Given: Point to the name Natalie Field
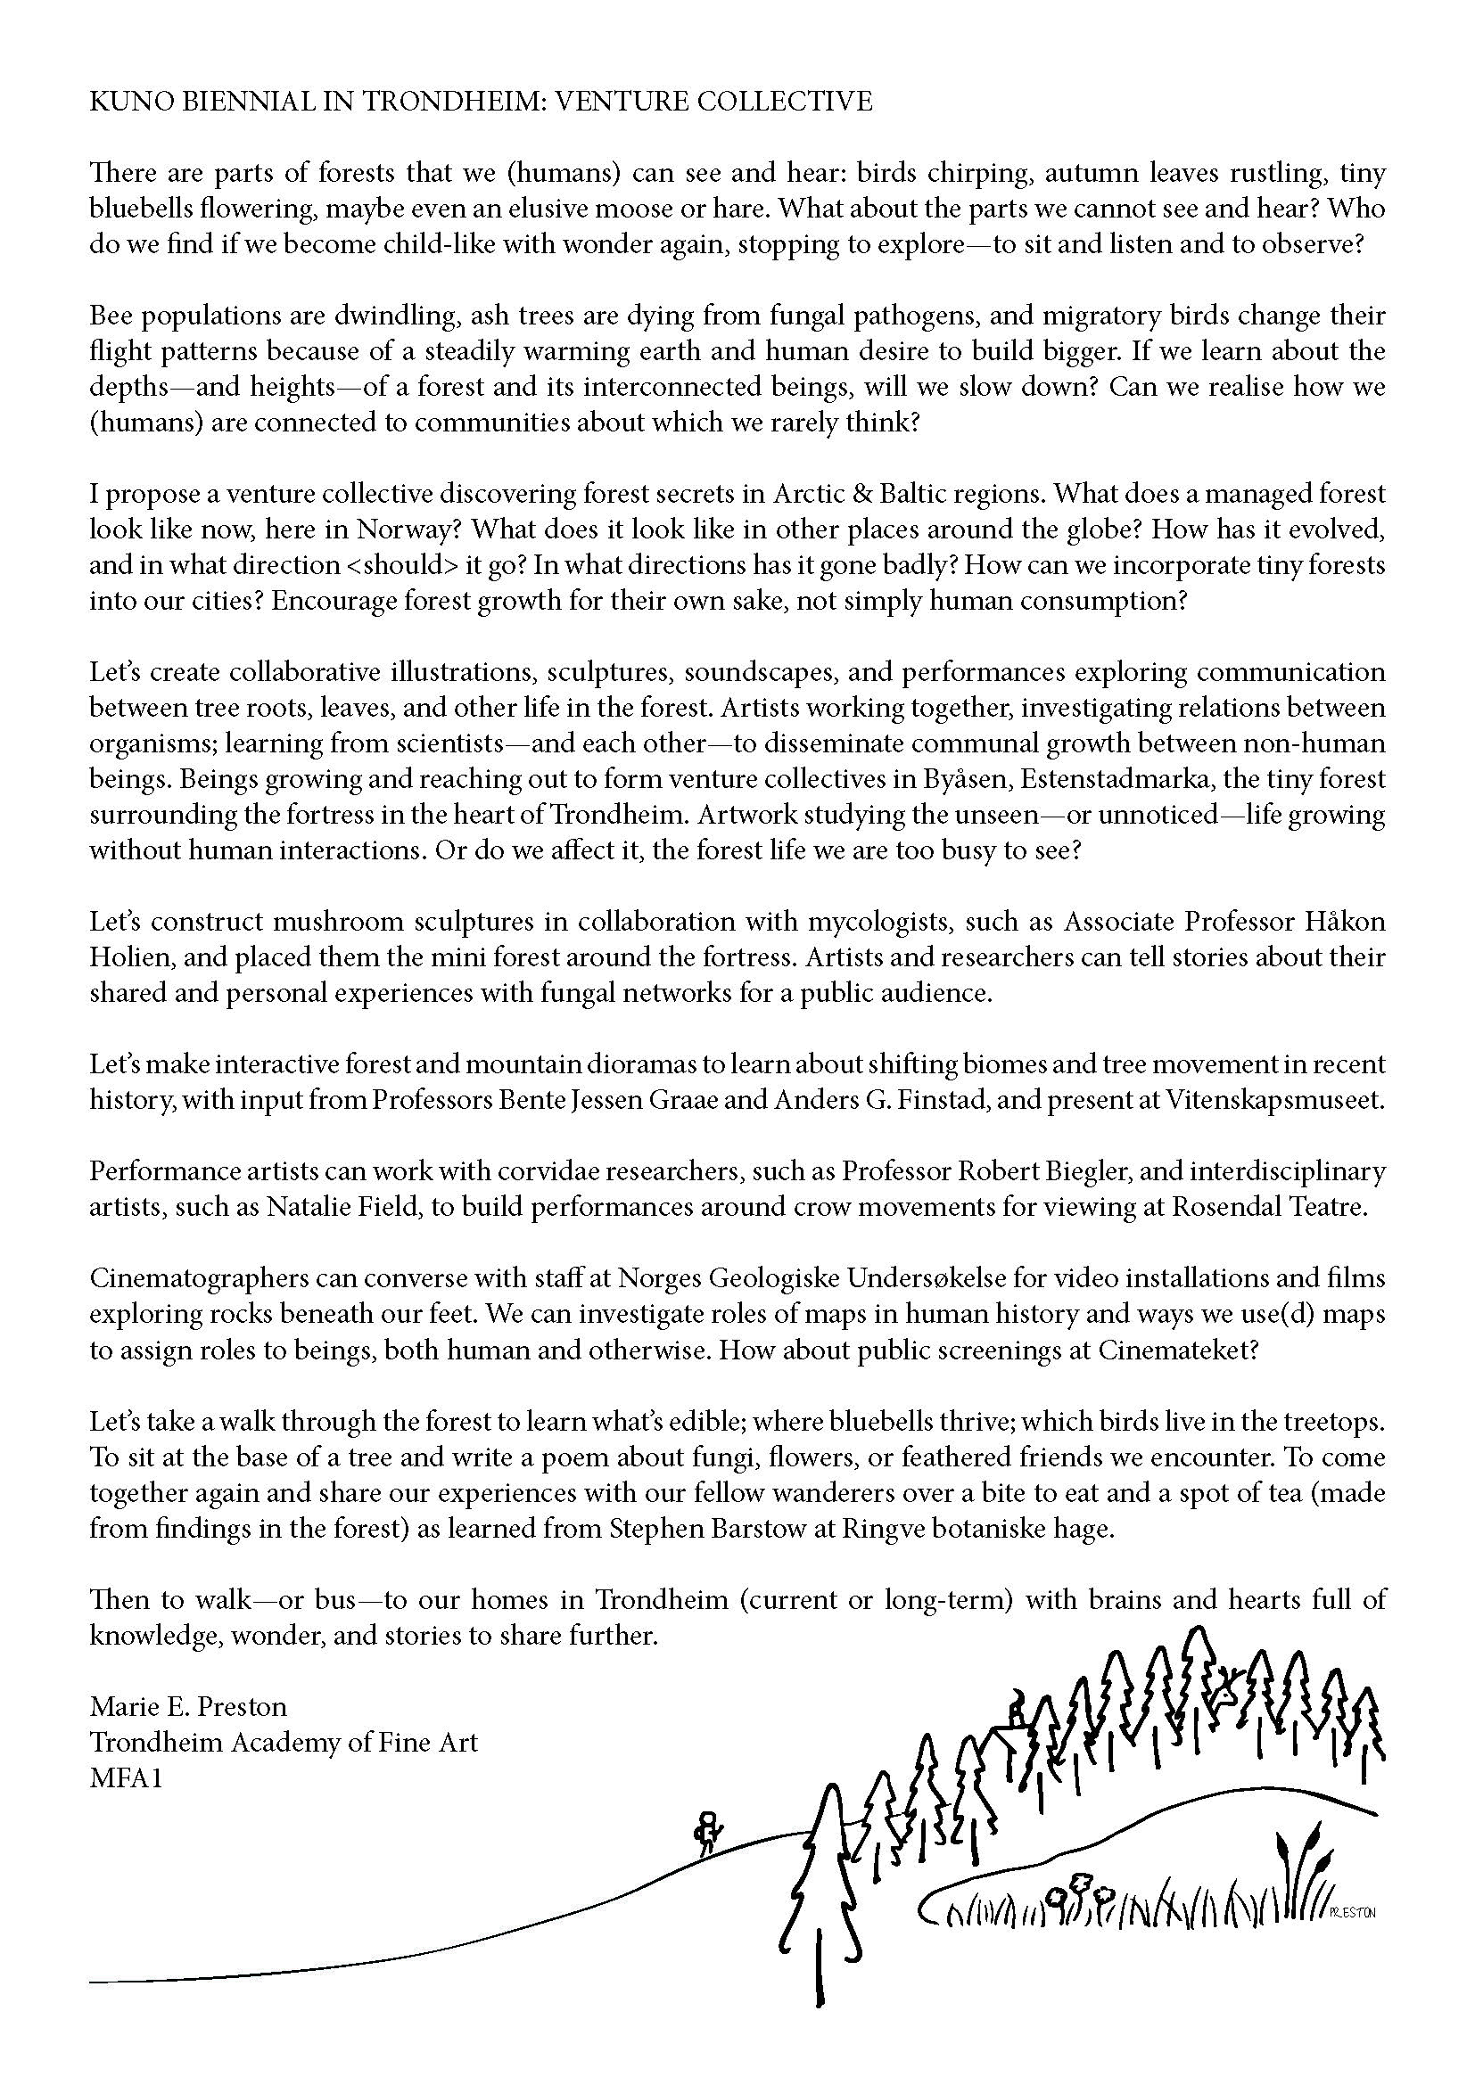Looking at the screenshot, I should click(340, 1207).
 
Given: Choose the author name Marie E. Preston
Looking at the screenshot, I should click(188, 1706).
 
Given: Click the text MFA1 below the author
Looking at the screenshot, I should click(126, 1777).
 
